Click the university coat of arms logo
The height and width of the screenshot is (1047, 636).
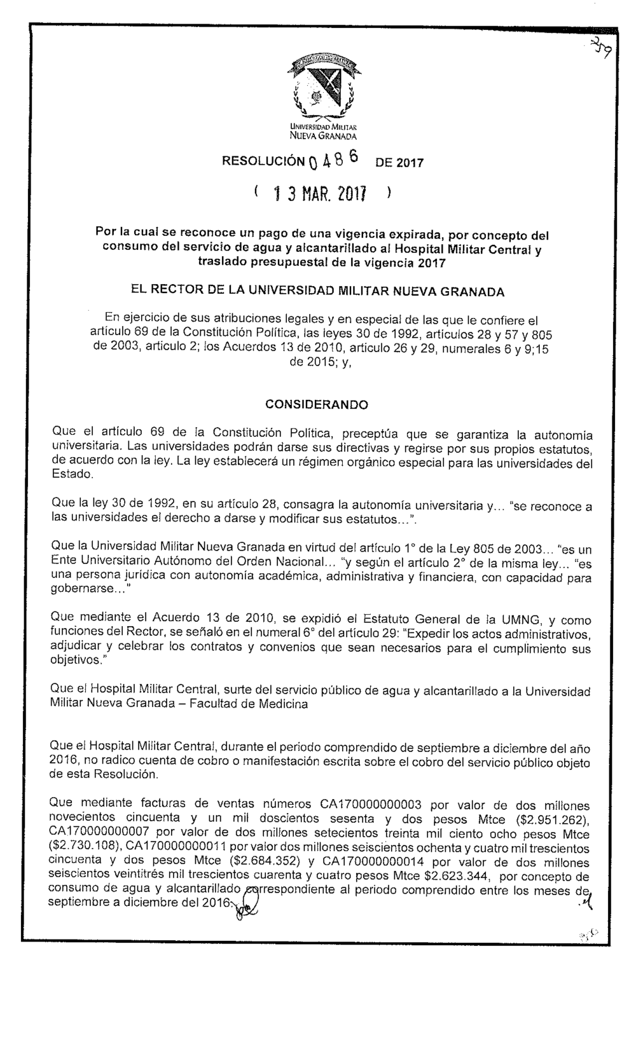[x=322, y=86]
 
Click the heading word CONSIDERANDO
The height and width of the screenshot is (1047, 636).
[x=316, y=404]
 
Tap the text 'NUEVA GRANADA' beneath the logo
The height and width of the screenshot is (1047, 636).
[x=323, y=135]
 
